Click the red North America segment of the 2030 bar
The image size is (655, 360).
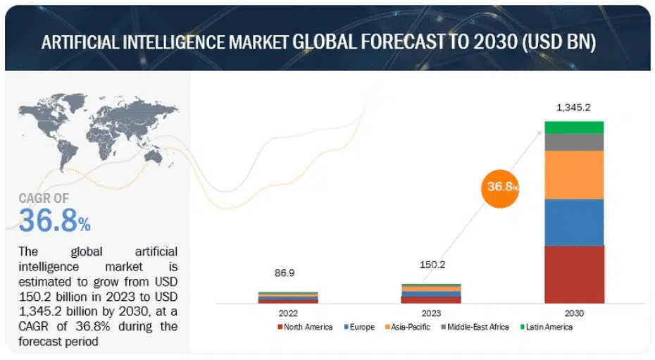[x=574, y=274]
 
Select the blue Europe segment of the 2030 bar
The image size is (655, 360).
[x=574, y=222]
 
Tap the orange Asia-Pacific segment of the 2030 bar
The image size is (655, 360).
[x=574, y=175]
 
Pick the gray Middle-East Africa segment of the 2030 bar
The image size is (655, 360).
[x=574, y=142]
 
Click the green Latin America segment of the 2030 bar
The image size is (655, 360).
[x=574, y=127]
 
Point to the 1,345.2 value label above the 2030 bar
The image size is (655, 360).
[x=574, y=108]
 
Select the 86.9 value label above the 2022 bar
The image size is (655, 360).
[x=287, y=272]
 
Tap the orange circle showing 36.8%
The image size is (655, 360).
[x=501, y=187]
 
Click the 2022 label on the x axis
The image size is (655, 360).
[x=287, y=313]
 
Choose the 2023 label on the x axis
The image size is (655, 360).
[x=430, y=313]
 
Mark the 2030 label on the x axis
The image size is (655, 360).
[x=574, y=313]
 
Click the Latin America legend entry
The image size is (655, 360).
[x=545, y=327]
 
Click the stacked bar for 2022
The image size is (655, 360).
[x=287, y=297]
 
